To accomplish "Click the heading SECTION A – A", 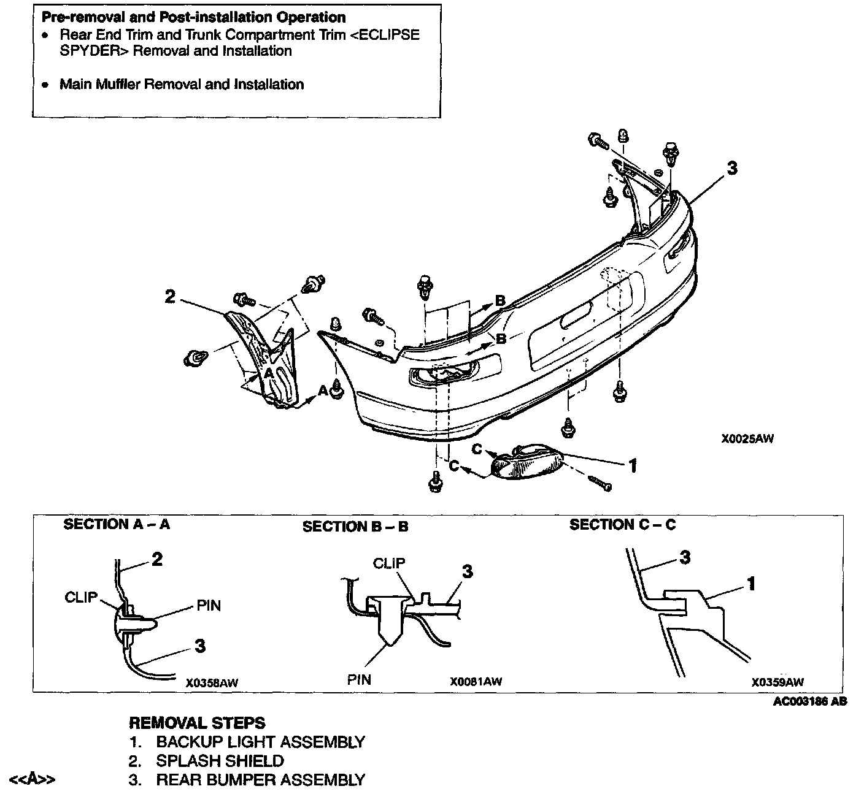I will point(117,524).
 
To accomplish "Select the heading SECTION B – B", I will point(355,527).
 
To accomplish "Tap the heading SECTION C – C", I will point(622,525).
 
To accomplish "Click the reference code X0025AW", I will point(747,439).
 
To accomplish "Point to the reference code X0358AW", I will point(212,682).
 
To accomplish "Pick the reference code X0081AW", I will point(476,682).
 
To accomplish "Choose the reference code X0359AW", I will point(777,682).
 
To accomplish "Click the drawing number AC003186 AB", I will point(810,702).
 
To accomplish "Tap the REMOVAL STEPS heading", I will point(197,723).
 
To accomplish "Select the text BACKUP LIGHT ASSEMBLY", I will point(260,742).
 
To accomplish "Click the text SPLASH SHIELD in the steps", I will point(220,761).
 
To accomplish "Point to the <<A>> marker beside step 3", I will point(33,780).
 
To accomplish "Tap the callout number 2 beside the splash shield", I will point(170,297).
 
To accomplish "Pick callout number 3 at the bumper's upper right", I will point(731,168).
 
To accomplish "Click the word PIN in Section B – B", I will point(359,679).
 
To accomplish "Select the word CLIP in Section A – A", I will point(81,597).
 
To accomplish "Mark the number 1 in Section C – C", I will point(750,584).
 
